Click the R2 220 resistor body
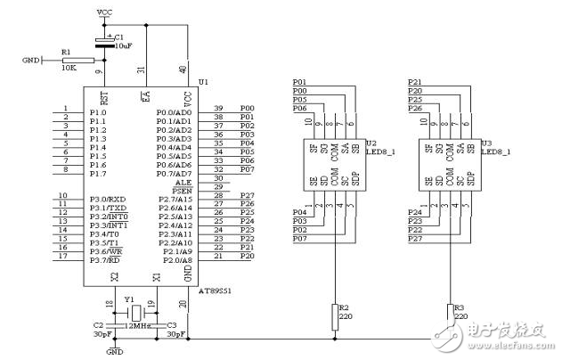(x=335, y=313)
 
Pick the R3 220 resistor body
(x=450, y=313)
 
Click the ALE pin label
(x=185, y=179)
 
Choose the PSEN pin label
(x=183, y=189)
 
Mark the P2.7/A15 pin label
(x=174, y=198)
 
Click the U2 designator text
(x=371, y=142)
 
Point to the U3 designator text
(x=486, y=142)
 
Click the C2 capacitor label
(x=98, y=325)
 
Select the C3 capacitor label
(x=172, y=325)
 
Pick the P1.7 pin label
(x=97, y=174)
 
